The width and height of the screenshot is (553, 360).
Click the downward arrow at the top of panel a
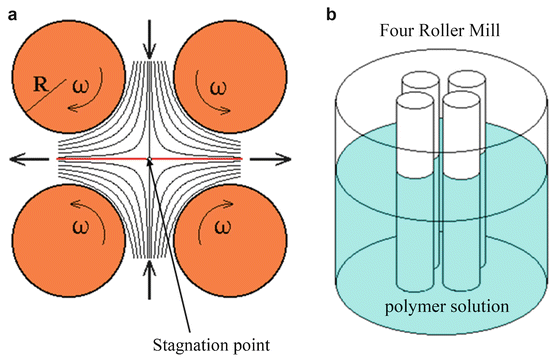point(149,38)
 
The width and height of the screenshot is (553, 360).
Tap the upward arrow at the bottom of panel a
point(149,275)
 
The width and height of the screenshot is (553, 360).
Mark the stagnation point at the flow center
point(149,158)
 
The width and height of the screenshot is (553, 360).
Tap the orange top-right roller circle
point(221,70)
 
